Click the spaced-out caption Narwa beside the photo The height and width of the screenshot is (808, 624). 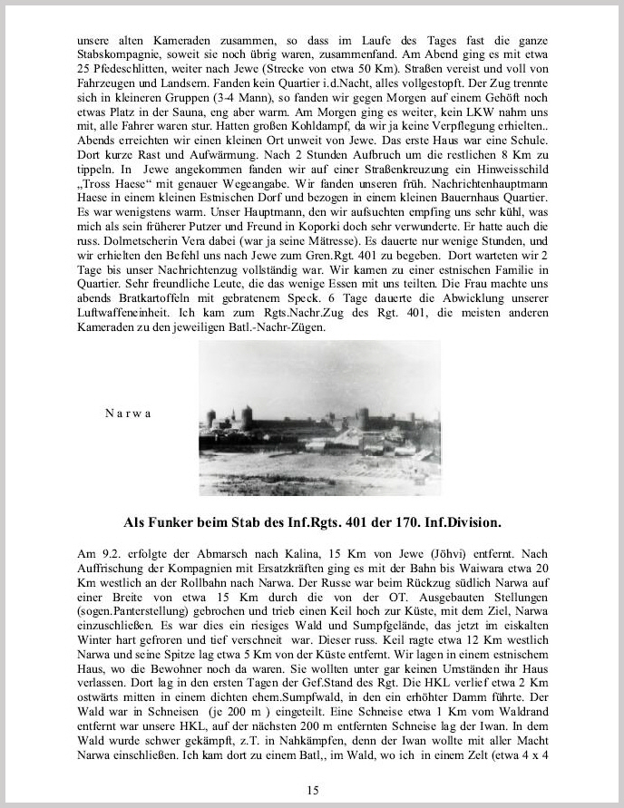(127, 412)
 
